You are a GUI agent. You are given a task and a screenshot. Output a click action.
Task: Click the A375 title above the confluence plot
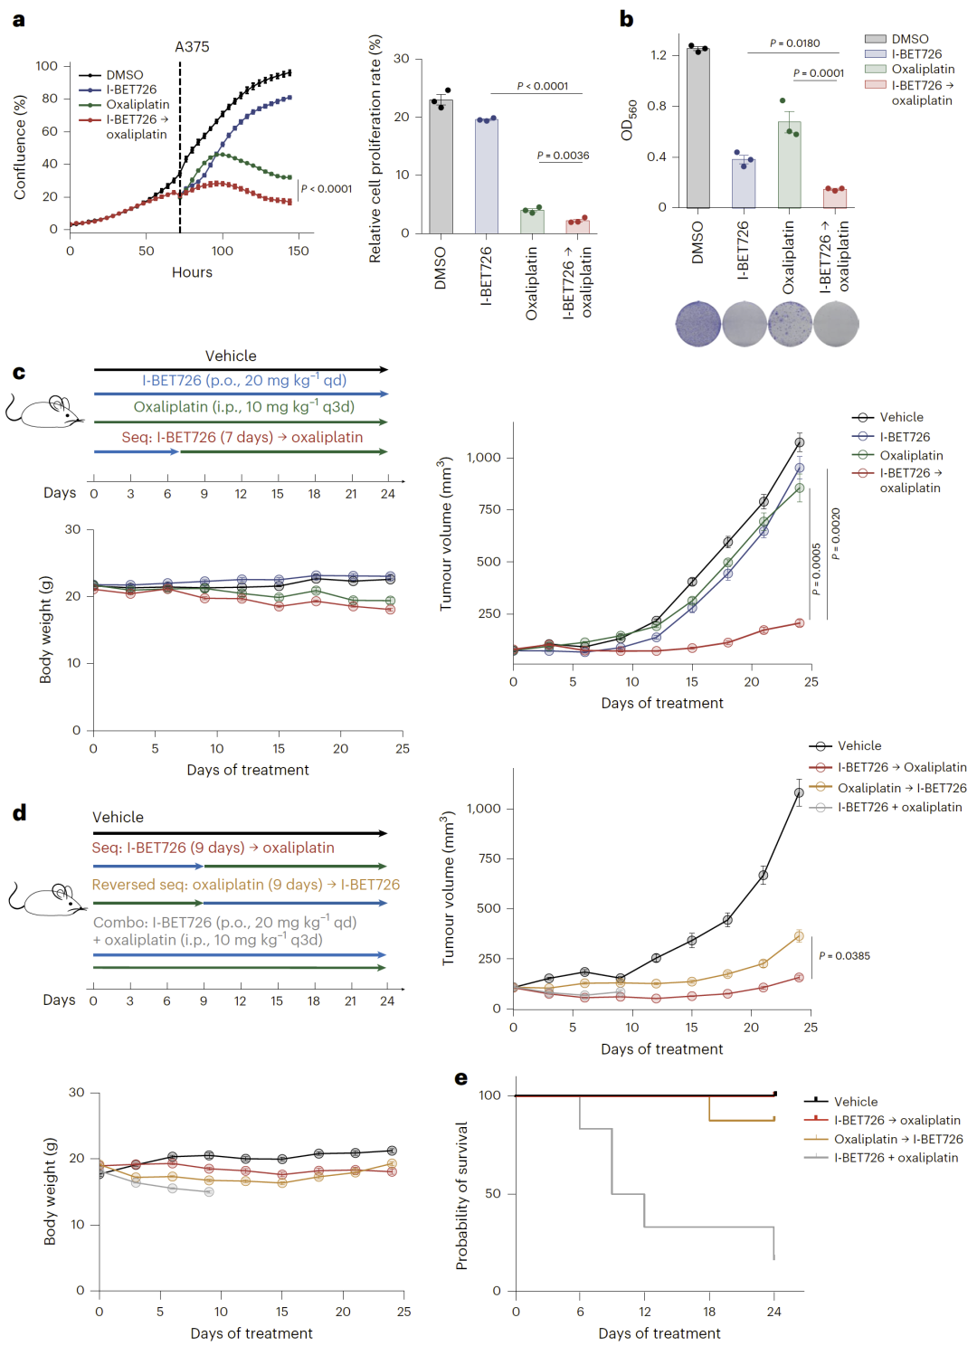192,46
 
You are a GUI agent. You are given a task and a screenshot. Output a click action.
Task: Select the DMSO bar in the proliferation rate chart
441,167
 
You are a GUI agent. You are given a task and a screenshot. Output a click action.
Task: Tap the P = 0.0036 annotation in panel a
563,156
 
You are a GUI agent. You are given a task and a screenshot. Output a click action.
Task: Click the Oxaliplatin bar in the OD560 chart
789,165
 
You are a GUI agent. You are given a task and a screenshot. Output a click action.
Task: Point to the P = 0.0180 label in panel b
794,43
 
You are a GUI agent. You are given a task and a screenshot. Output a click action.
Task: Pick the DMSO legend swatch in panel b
875,39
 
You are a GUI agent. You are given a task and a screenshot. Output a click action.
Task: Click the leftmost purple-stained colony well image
698,324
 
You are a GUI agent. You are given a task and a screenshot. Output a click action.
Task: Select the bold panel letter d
19,812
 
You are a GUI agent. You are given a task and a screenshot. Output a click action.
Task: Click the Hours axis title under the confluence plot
192,272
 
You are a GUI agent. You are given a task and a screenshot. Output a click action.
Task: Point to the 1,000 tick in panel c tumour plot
484,458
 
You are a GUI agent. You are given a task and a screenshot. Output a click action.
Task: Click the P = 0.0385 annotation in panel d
844,955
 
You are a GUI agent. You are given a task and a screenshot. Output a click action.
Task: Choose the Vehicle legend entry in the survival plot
856,1102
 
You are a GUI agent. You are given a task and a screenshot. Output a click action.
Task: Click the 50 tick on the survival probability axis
493,1194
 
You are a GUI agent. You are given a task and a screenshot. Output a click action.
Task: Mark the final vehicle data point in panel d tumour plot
799,793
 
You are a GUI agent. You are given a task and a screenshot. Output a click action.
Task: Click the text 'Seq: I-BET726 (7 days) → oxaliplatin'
242,437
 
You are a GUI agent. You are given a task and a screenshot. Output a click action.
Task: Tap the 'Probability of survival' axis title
462,1195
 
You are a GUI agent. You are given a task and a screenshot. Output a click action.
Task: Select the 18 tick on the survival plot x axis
709,1312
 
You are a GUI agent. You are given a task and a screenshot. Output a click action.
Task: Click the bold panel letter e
461,1078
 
